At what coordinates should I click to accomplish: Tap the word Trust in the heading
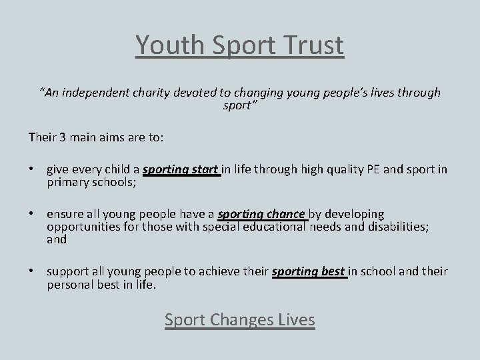[313, 45]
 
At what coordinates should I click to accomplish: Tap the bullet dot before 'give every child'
[32, 169]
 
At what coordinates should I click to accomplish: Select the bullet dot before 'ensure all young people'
[32, 215]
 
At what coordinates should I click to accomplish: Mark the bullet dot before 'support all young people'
[32, 272]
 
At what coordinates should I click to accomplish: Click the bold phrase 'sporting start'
[181, 169]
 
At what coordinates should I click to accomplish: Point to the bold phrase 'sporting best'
[310, 272]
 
